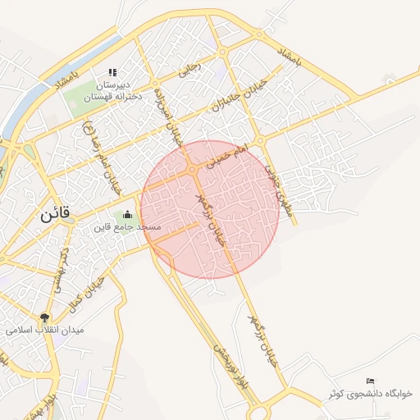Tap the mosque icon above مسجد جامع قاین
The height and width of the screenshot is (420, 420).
tap(126, 215)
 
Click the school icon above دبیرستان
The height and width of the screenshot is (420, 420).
tap(112, 73)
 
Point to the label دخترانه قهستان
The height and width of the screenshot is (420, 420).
tap(112, 96)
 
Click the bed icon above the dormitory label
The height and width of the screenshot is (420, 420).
tap(370, 381)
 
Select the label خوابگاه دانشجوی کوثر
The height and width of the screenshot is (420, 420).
tap(370, 394)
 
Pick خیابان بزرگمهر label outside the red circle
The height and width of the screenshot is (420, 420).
tap(262, 336)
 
